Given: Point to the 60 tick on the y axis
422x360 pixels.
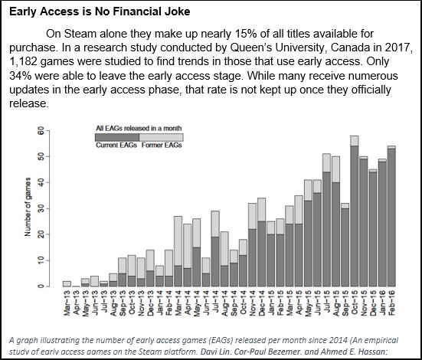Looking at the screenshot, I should pyautogui.click(x=40, y=132).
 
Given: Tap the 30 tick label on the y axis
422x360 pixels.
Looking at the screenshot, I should pyautogui.click(x=40, y=209).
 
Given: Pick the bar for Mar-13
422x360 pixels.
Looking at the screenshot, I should pyautogui.click(x=67, y=283).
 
